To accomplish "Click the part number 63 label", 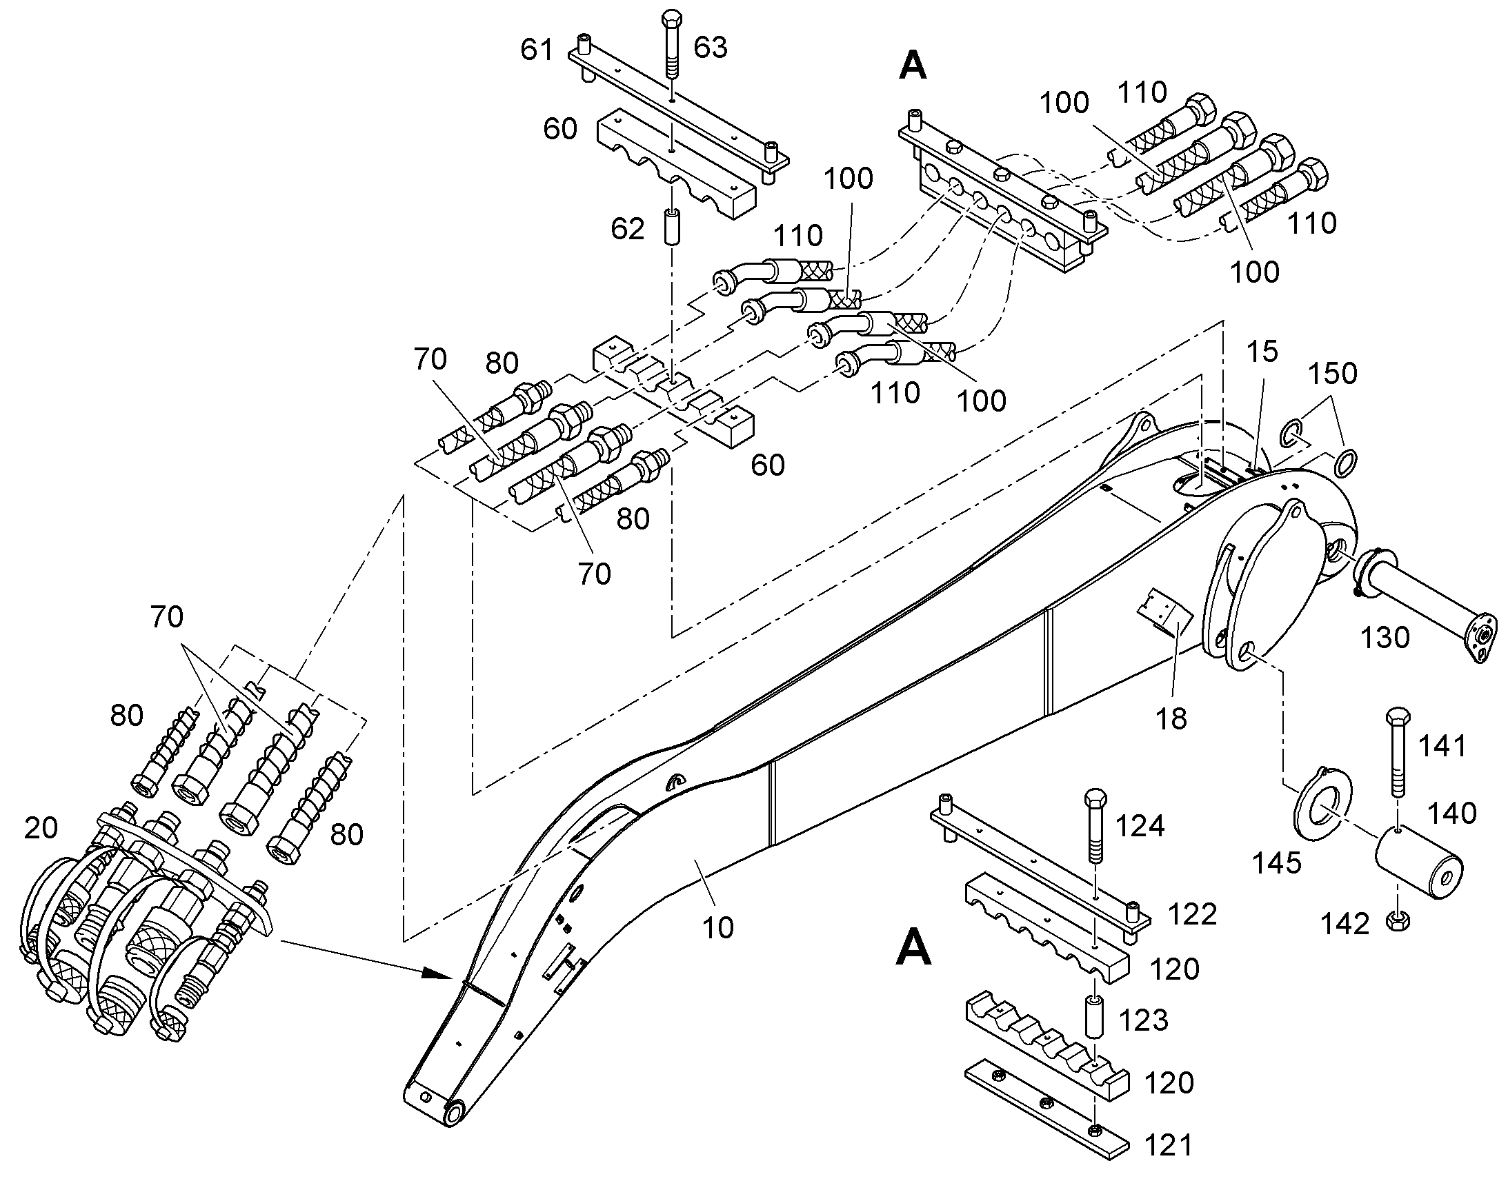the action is pos(711,48).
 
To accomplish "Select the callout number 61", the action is pos(537,50).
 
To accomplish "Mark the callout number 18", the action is pos(1172,719).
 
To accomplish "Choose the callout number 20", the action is pos(41,828).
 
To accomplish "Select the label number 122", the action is pos(1193,914).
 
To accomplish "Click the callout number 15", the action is pos(1262,352).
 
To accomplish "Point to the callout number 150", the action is pos(1332,374).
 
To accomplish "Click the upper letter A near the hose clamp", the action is pos(913,66).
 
